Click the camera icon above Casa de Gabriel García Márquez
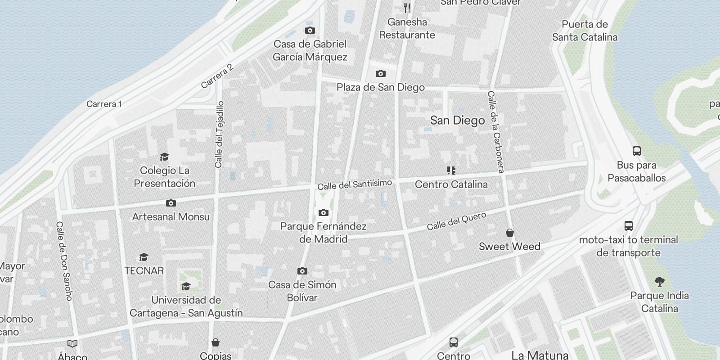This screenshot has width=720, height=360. pos(310,31)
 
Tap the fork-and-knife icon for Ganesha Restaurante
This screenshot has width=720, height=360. pos(407,8)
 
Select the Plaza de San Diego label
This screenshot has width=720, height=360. pos(381,87)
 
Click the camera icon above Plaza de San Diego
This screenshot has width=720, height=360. pos(381,73)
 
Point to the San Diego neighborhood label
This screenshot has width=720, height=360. pos(457,120)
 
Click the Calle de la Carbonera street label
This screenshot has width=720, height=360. pos(495,131)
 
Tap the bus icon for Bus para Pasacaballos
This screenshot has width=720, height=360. pos(636,151)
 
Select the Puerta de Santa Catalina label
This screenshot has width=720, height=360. pos(585,31)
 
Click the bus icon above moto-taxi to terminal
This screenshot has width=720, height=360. pos(629,226)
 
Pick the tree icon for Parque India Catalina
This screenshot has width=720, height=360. pos(660,282)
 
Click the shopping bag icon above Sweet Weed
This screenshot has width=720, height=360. pos(510,233)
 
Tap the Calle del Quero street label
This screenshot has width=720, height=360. pos(456,221)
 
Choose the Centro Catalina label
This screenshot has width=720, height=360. pos(451,184)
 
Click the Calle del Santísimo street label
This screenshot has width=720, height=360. pos(355,184)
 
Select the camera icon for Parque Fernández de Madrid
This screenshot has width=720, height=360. pos(324,212)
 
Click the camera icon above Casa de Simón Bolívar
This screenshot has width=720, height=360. pos(302,271)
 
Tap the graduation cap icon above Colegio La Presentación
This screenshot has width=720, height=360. pos(164,157)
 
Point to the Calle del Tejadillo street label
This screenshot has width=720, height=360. pos(219,135)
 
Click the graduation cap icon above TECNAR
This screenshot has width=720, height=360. pos(144,257)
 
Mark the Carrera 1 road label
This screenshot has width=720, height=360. pos(104,104)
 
